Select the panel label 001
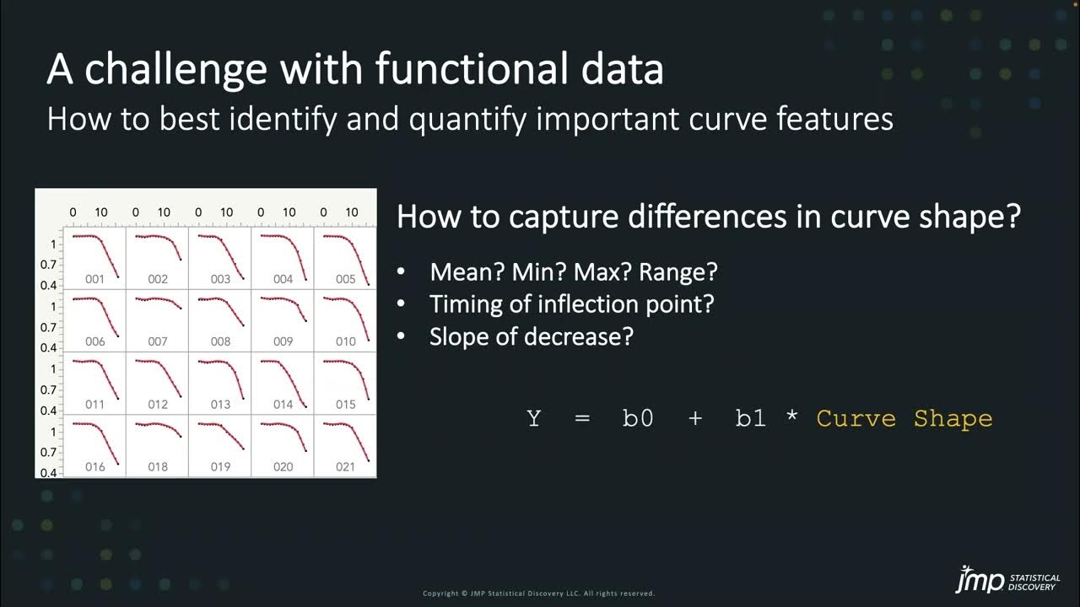94,279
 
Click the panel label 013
220,404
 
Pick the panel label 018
158,466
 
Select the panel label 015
345,404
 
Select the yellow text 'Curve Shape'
904,419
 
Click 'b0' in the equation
638,419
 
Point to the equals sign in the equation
582,419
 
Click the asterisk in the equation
791,417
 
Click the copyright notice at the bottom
538,594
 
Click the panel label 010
345,341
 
